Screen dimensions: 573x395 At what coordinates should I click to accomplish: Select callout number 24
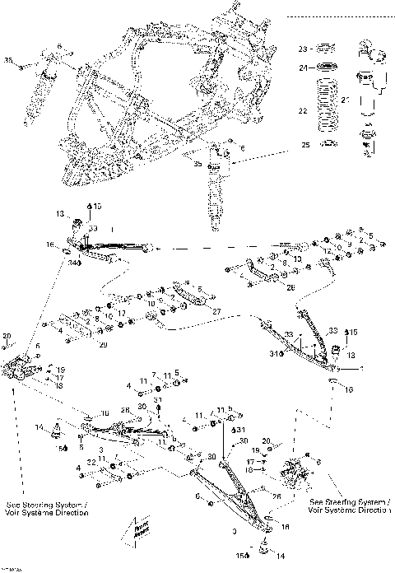coord(302,68)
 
